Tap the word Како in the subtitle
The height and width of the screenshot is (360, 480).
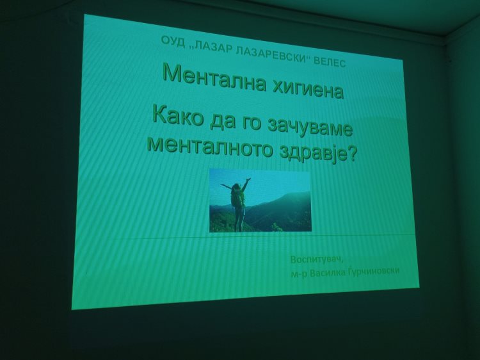pos(177,117)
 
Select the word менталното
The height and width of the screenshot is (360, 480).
pos(211,146)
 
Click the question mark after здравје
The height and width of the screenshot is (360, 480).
pos(353,155)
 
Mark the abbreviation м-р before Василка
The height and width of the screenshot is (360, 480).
pos(299,274)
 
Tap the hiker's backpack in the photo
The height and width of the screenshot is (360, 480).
pos(235,197)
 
